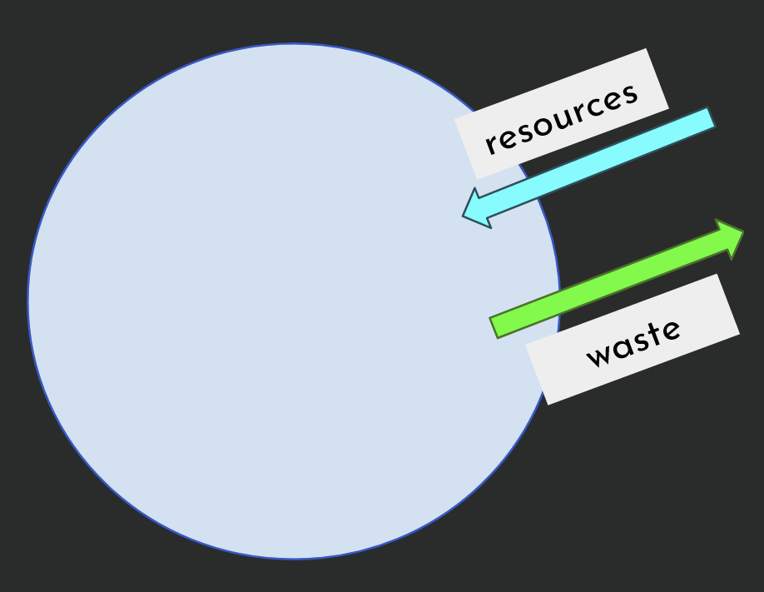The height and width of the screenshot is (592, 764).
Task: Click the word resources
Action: pos(561,119)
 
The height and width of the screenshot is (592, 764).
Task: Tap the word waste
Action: pos(634,343)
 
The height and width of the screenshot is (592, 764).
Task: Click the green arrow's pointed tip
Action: pos(743,232)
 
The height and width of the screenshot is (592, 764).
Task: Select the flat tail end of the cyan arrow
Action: pos(712,117)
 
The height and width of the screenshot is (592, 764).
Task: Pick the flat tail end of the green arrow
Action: pos(494,328)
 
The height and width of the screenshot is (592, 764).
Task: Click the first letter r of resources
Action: pos(491,146)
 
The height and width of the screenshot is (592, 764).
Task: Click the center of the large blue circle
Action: pos(294,301)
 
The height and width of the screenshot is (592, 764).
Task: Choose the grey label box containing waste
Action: pos(633,340)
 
